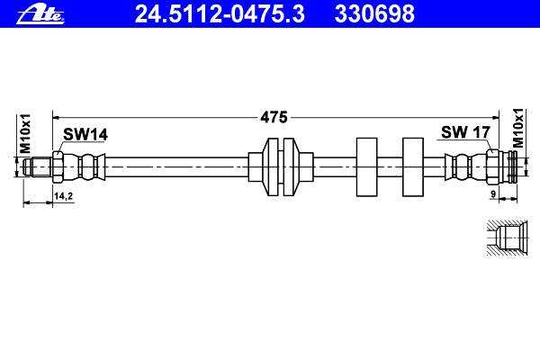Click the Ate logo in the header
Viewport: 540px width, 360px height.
(40, 15)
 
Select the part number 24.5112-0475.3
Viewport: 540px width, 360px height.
(220, 13)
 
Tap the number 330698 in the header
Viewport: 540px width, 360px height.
(374, 13)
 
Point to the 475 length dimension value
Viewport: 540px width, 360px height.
(274, 118)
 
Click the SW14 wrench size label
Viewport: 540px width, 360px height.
(85, 134)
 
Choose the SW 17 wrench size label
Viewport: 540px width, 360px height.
(465, 132)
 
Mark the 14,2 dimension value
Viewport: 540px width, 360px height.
(63, 196)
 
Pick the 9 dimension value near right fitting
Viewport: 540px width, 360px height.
(493, 194)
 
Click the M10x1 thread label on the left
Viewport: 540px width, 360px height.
(26, 133)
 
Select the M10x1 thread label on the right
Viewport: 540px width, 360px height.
(517, 128)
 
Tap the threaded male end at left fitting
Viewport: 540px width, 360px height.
(38, 167)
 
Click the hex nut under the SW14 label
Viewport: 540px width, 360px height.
(58, 167)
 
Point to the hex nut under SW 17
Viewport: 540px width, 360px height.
(492, 167)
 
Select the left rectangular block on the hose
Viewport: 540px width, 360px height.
(367, 167)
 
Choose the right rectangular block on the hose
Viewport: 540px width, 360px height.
(413, 167)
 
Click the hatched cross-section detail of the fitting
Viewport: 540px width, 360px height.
(507, 238)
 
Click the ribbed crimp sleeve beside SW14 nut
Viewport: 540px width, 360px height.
(84, 167)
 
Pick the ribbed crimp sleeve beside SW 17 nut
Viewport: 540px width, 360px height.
(465, 167)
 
